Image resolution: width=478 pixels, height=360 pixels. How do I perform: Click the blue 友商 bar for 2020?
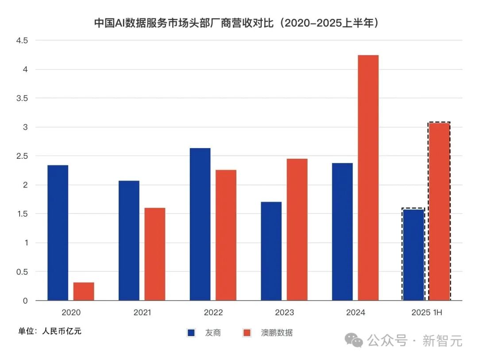(58, 233)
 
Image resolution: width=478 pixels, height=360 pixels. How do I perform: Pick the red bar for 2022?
(226, 235)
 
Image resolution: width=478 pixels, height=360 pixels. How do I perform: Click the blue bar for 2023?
(271, 251)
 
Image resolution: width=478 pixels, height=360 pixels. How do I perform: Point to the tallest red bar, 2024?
(368, 177)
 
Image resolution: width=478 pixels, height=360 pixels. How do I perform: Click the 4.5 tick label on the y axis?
(22, 41)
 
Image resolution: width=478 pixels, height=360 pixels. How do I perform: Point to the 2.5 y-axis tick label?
(22, 156)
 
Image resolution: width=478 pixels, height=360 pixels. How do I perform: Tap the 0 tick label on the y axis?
(25, 301)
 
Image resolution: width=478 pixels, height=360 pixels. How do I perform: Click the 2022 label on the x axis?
(213, 313)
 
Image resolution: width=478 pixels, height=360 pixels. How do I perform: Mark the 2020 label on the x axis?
(71, 313)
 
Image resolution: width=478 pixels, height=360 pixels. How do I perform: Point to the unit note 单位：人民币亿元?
(50, 331)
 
